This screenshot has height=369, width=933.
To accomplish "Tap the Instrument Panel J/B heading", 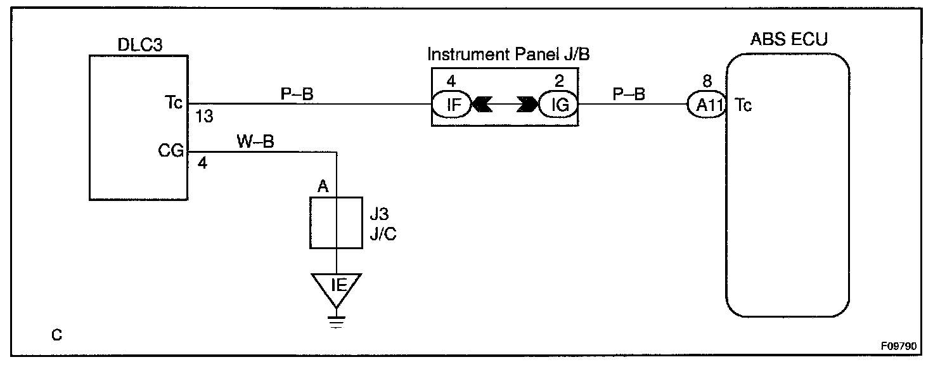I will coord(508,54).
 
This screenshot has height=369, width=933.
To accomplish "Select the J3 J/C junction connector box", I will coord(336,223).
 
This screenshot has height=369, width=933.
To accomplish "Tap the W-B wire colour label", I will coord(255,141).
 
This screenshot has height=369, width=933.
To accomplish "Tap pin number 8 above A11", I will coord(708,81).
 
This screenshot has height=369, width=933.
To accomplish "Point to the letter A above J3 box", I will coord(323,186).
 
